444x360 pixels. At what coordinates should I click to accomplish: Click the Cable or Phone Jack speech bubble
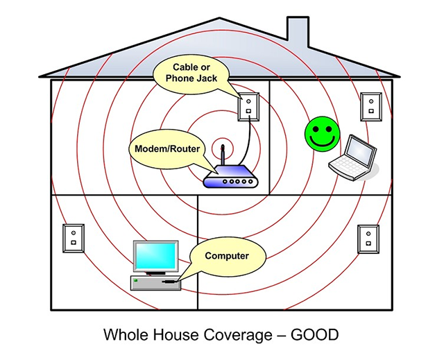191,74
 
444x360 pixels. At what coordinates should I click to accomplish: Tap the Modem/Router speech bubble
167,149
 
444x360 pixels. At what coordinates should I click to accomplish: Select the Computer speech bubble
227,256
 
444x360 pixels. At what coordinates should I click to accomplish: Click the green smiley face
322,134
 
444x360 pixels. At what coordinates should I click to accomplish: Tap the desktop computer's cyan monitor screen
155,256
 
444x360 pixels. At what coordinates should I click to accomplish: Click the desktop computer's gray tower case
155,283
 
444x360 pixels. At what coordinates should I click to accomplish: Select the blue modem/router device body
230,177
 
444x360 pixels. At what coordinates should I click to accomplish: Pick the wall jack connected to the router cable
248,107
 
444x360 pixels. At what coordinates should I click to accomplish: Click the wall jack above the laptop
371,106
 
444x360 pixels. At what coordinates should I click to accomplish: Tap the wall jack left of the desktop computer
74,238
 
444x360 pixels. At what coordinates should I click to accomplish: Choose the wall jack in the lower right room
368,239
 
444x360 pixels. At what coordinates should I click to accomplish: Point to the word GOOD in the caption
314,334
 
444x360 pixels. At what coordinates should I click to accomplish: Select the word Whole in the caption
126,334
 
